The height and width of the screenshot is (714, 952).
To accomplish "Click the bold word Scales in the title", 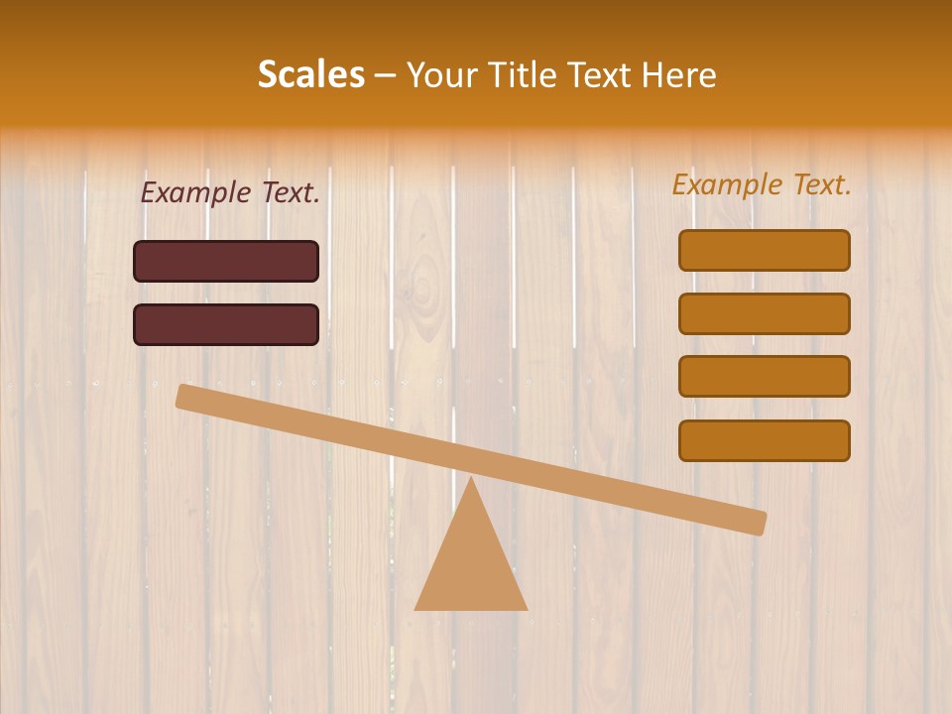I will tap(310, 74).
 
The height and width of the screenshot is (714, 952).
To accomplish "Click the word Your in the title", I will tap(442, 75).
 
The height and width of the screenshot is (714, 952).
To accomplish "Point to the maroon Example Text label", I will tap(230, 193).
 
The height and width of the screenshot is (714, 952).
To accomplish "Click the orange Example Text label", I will tap(762, 184).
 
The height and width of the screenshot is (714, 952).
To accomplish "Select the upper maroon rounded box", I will tap(226, 261).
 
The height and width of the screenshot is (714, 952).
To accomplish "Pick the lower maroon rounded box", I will tap(226, 324).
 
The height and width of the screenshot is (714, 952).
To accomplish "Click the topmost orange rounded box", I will tap(764, 250).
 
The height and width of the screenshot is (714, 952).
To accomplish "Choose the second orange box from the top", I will tap(764, 313).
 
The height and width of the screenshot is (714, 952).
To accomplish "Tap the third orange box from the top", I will tap(764, 377).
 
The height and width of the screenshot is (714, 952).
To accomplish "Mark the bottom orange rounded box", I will tap(764, 440).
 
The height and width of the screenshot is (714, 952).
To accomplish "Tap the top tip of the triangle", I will tap(470, 479).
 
